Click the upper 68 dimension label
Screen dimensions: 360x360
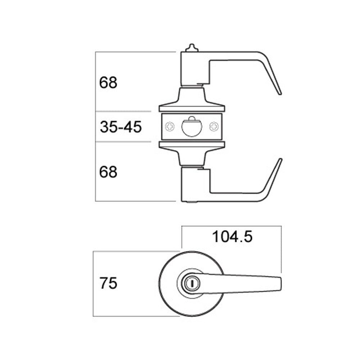click(108, 82)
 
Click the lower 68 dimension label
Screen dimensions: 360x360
click(108, 172)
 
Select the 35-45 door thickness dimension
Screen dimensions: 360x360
click(121, 127)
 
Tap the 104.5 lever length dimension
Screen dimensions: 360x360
click(232, 237)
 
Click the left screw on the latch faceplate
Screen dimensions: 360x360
click(170, 126)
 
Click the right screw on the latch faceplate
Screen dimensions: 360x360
click(214, 126)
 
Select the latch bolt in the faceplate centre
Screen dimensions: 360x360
click(192, 127)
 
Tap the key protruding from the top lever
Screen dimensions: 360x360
click(192, 48)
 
